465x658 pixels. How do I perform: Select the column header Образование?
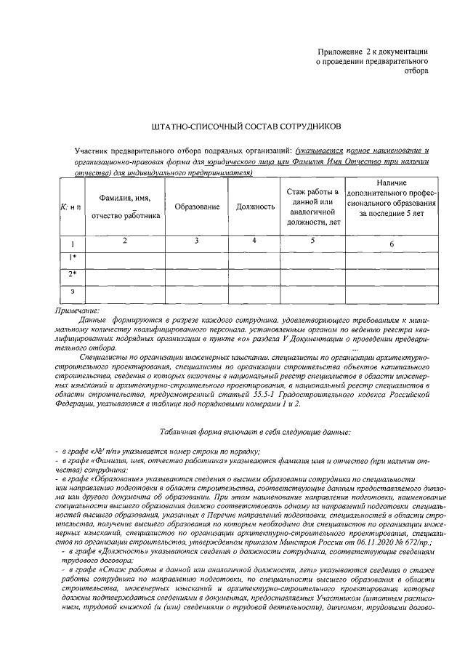tap(197, 207)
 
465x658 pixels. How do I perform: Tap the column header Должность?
tap(255, 207)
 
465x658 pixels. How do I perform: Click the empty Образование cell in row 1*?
tap(197, 258)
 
